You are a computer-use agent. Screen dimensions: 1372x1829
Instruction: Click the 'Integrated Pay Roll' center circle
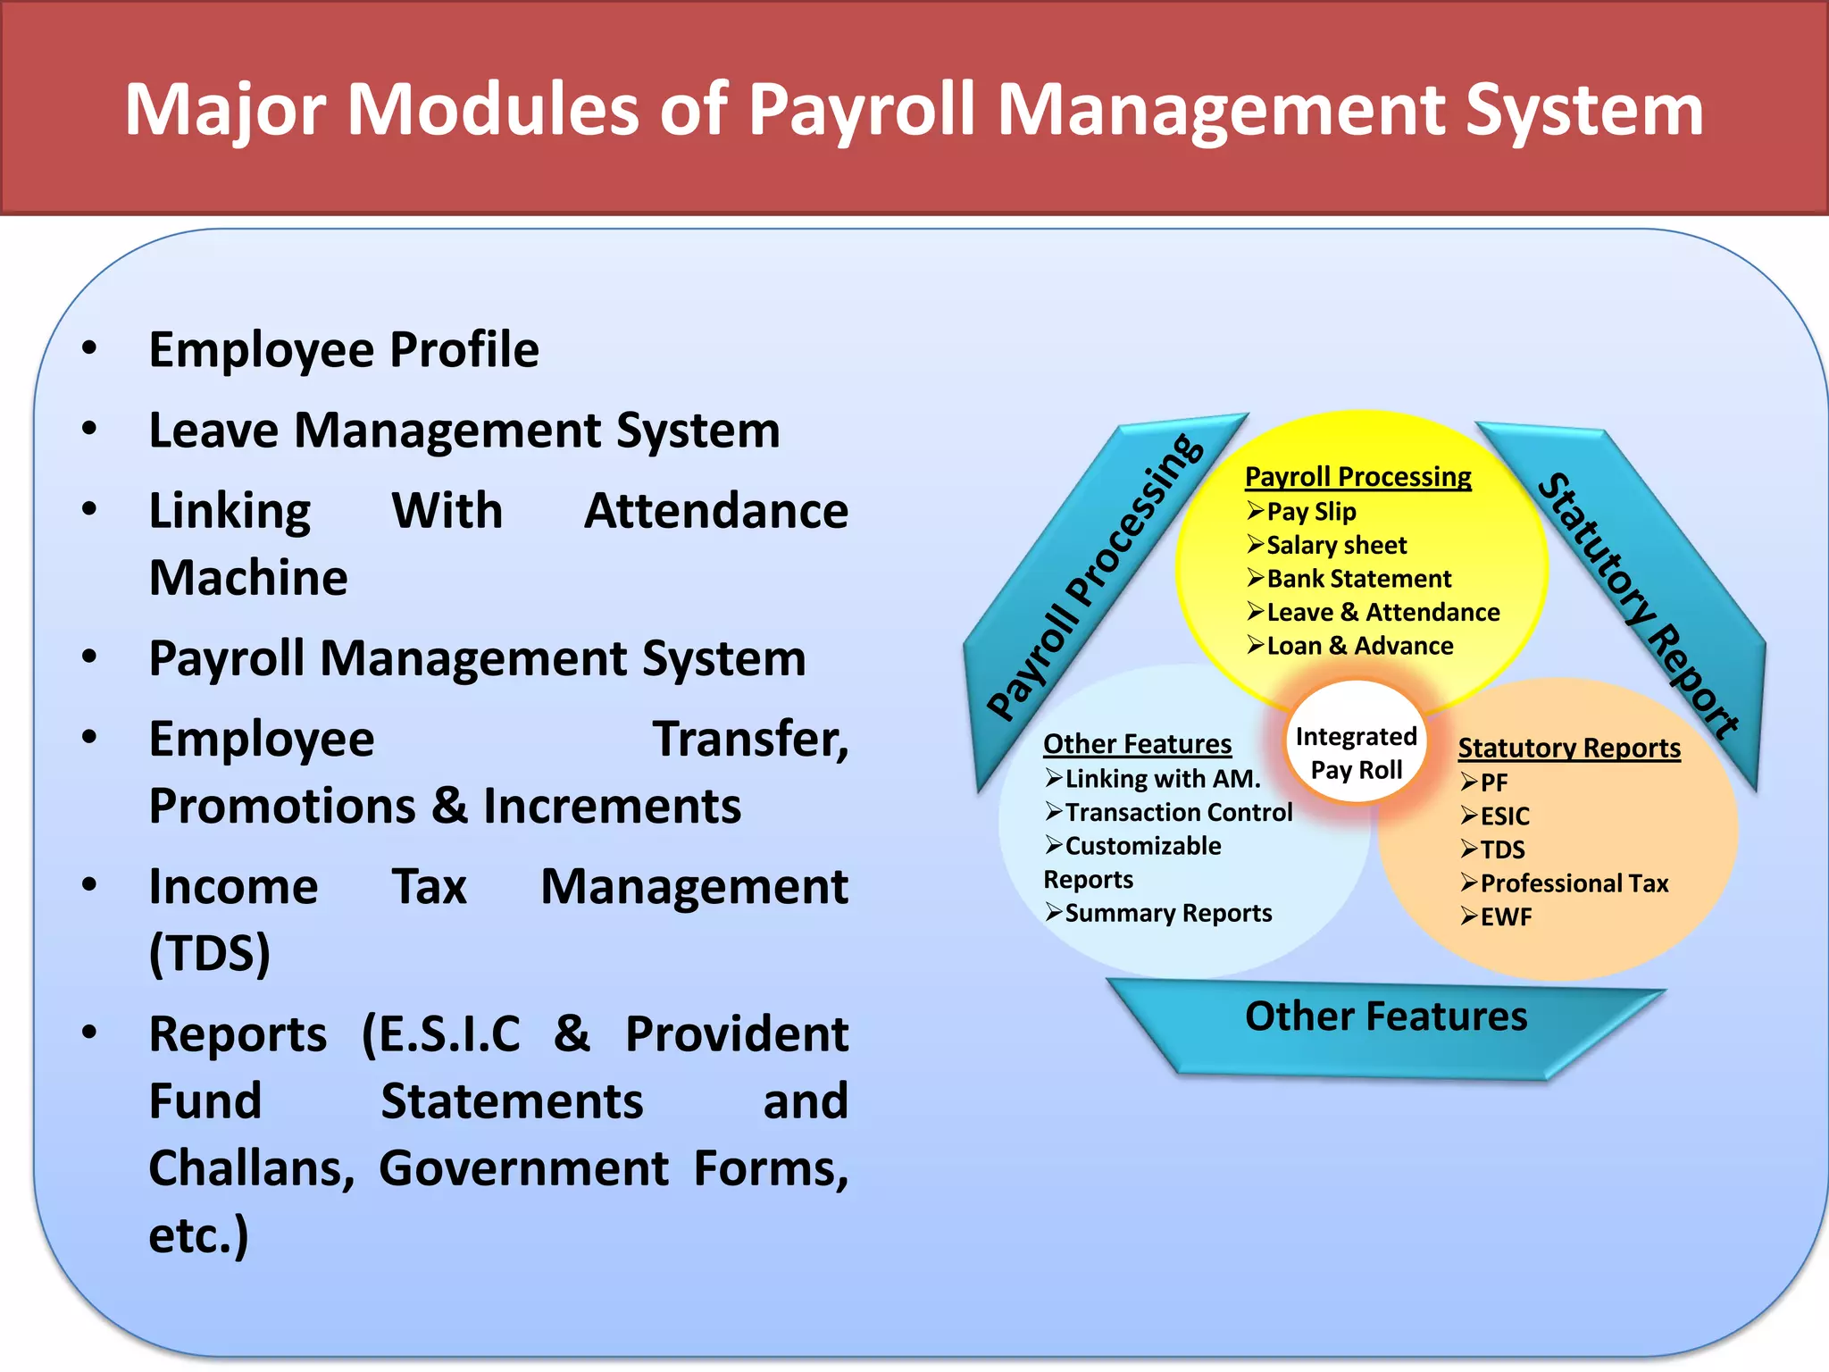pos(1356,753)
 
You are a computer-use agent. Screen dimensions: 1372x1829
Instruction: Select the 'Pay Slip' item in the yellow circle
pos(1310,512)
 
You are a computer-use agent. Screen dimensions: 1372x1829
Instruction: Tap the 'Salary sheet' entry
pos(1336,545)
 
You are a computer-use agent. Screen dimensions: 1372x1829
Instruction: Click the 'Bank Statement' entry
pos(1358,579)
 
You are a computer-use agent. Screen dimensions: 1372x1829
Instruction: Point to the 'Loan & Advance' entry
pos(1359,646)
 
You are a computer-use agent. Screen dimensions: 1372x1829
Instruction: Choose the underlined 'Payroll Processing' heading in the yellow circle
pos(1357,477)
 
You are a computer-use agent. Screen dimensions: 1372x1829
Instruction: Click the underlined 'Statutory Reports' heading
pos(1569,748)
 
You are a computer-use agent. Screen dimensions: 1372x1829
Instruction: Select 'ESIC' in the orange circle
pos(1504,816)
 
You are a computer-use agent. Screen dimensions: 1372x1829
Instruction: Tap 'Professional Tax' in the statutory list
pos(1574,883)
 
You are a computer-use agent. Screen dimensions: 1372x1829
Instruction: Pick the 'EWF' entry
pos(1505,917)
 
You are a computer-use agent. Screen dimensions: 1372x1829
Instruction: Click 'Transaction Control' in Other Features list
pos(1178,812)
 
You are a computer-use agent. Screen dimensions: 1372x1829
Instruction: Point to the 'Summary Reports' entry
pos(1168,913)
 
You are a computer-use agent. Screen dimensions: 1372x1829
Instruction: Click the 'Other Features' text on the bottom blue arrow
pos(1386,1016)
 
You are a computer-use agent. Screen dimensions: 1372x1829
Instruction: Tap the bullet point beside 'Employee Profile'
pos(89,348)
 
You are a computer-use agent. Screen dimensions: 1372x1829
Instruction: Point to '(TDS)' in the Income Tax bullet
pos(210,953)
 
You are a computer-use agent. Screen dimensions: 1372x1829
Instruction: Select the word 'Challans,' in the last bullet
pos(251,1168)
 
